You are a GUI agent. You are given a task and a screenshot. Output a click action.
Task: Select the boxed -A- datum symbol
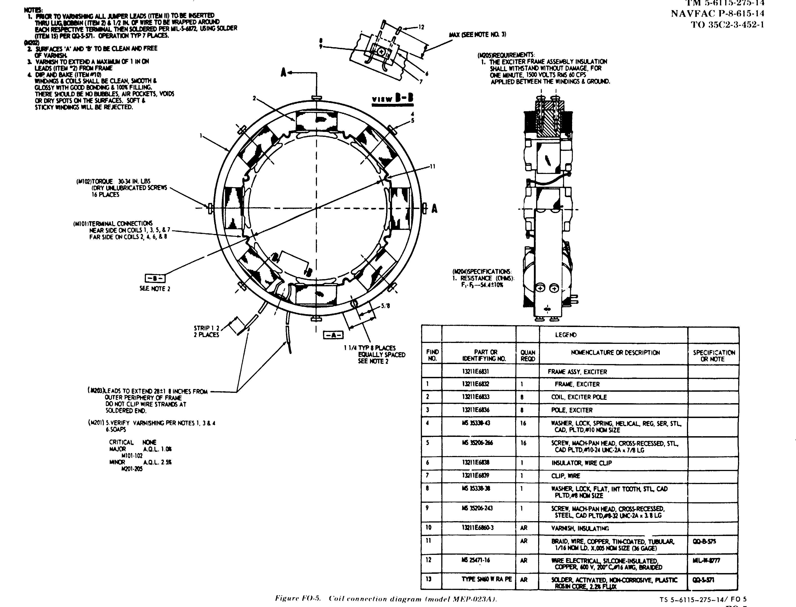coord(333,335)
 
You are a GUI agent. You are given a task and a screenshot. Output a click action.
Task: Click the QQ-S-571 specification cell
coord(704,580)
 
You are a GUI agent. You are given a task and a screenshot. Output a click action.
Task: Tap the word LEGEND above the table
coord(566,335)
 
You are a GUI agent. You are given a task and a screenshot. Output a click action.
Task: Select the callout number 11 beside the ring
coord(433,167)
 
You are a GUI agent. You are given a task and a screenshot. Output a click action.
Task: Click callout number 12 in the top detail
coord(421,27)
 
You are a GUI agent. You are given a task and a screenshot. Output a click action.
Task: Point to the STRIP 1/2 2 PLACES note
coord(206,331)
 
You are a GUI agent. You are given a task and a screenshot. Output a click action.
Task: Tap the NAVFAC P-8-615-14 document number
coord(717,14)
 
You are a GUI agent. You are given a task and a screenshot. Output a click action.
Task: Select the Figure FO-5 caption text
coord(386,599)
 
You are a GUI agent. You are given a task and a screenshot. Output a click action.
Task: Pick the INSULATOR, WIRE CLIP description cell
coord(581,463)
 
